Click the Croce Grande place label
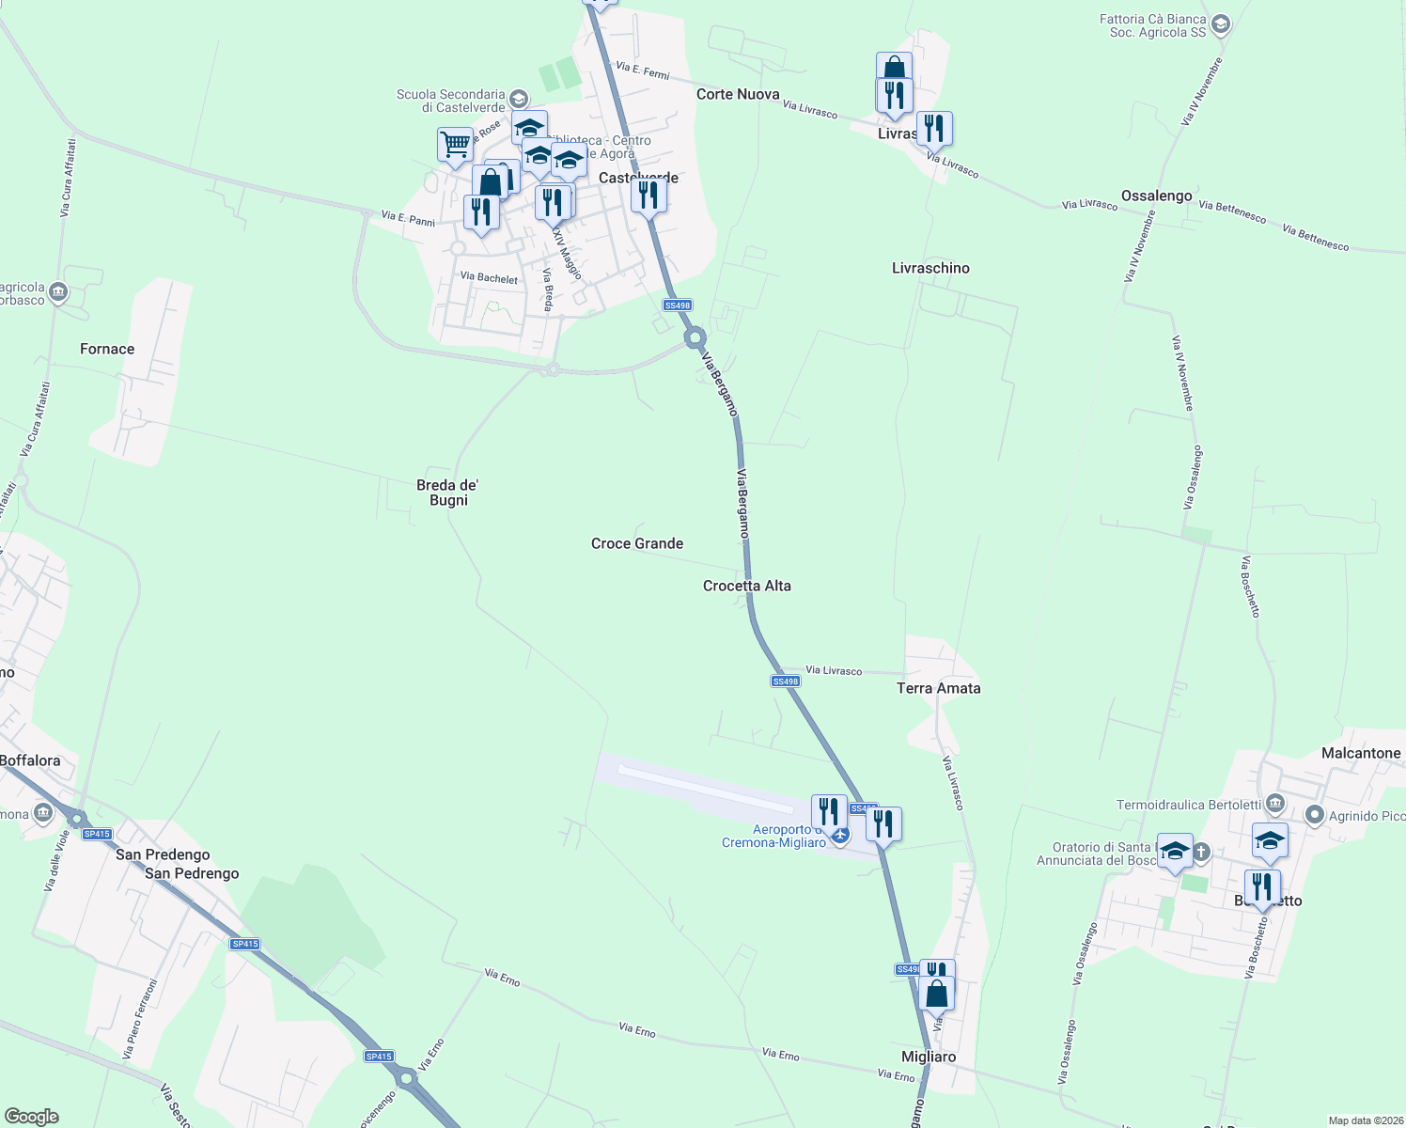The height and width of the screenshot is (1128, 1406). point(637,543)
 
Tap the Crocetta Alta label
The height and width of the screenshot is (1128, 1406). point(747,586)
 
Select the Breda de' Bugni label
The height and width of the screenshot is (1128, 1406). point(448,493)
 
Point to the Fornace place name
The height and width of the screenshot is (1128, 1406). point(107,349)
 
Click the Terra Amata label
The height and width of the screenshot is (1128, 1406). point(938,688)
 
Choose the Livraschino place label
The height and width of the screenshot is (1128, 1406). point(930,268)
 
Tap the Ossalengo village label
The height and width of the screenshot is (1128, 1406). point(1156,196)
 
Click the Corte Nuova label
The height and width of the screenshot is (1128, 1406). point(738,94)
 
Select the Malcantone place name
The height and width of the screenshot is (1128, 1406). point(1361,753)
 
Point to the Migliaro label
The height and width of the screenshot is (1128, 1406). point(929,1057)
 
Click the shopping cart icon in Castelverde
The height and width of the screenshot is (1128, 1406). point(455,145)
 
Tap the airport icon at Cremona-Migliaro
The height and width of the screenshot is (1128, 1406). point(839,834)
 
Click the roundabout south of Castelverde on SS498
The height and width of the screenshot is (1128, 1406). point(695,337)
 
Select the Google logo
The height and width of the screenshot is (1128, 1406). point(32,1117)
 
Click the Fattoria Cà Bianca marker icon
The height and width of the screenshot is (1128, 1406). point(1221,24)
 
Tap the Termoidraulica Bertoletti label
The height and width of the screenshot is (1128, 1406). point(1189,805)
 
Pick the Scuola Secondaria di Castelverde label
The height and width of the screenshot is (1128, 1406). point(451,101)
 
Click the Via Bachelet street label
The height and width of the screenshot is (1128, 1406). point(489,277)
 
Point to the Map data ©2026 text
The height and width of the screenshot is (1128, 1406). point(1364,1120)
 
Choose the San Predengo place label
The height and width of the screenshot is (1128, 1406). point(163,854)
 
